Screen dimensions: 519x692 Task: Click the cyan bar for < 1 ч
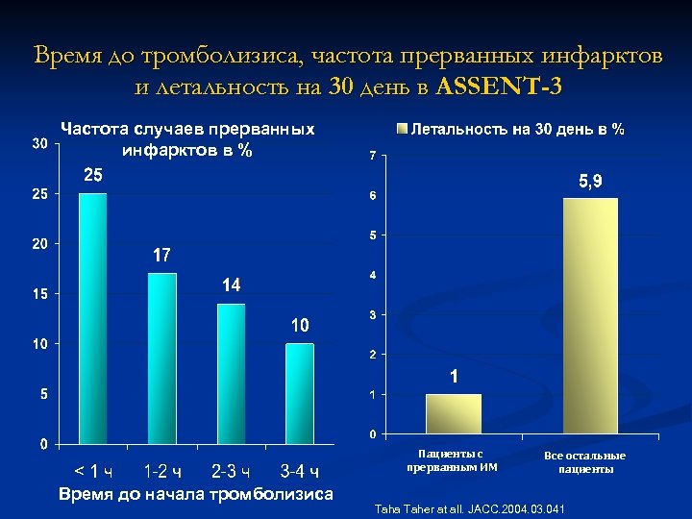(93, 318)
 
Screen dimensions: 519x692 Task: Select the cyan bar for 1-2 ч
(162, 358)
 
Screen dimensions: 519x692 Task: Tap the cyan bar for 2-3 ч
(231, 373)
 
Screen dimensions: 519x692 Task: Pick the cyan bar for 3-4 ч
(300, 393)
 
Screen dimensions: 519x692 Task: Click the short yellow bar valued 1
(454, 414)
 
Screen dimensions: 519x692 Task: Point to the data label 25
(93, 176)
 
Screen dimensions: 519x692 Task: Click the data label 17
(161, 256)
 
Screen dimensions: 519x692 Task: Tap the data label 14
(231, 285)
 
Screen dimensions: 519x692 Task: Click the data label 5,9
(590, 182)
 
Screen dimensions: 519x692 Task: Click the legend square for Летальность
(403, 129)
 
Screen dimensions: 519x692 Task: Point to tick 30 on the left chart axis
(39, 144)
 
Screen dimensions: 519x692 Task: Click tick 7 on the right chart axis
(373, 157)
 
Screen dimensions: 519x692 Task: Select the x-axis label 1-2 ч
(161, 471)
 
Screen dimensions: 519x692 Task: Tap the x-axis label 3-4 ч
(300, 471)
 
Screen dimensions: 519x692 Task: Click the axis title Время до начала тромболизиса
(196, 494)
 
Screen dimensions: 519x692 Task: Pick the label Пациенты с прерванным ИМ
(452, 460)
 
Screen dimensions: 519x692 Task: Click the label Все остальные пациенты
(584, 462)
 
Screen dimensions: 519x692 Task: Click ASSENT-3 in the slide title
(499, 86)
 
